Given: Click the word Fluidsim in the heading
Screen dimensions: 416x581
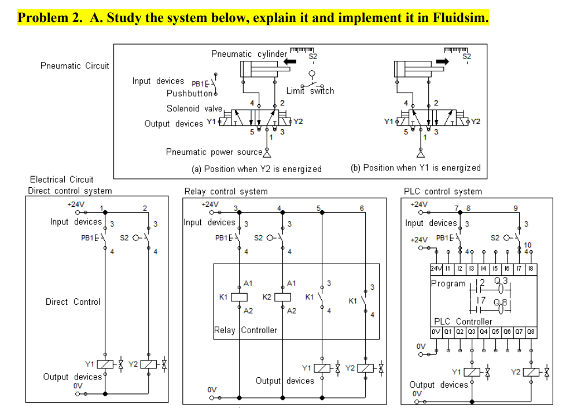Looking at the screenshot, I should (x=460, y=17).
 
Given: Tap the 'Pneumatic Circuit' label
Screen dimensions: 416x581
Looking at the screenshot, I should (x=75, y=65).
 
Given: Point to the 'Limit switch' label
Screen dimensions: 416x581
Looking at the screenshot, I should (x=310, y=90).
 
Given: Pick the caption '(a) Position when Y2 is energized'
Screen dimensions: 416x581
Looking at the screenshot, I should (x=256, y=169).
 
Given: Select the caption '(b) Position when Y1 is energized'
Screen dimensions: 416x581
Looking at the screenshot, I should (x=415, y=168).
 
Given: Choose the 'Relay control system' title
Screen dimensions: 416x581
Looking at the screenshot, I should (x=226, y=191).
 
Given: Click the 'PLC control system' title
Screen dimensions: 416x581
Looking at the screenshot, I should (x=443, y=191).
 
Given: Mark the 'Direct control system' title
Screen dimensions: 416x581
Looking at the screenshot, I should (x=70, y=191).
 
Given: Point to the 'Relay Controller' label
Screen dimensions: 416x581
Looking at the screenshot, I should (x=245, y=330).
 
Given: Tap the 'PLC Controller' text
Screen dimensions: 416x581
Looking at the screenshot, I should (x=463, y=321).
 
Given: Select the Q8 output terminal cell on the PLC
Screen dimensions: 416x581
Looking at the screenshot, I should (x=530, y=332).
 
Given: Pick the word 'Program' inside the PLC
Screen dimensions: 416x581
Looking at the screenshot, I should (x=448, y=283).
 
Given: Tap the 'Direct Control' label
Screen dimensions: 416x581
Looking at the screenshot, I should (x=73, y=302).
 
